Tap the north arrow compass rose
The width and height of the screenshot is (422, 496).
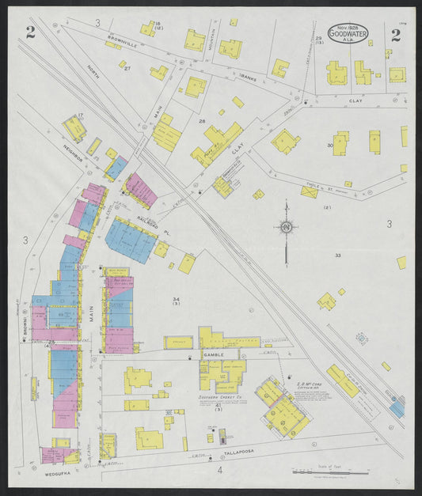tap(286, 228)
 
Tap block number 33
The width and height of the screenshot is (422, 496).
tap(337, 255)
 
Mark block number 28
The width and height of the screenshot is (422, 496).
tap(202, 121)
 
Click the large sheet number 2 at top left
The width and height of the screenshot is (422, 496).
tap(30, 32)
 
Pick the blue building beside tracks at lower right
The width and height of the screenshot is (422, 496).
tap(397, 408)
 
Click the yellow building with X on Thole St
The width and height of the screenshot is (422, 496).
tap(310, 191)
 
